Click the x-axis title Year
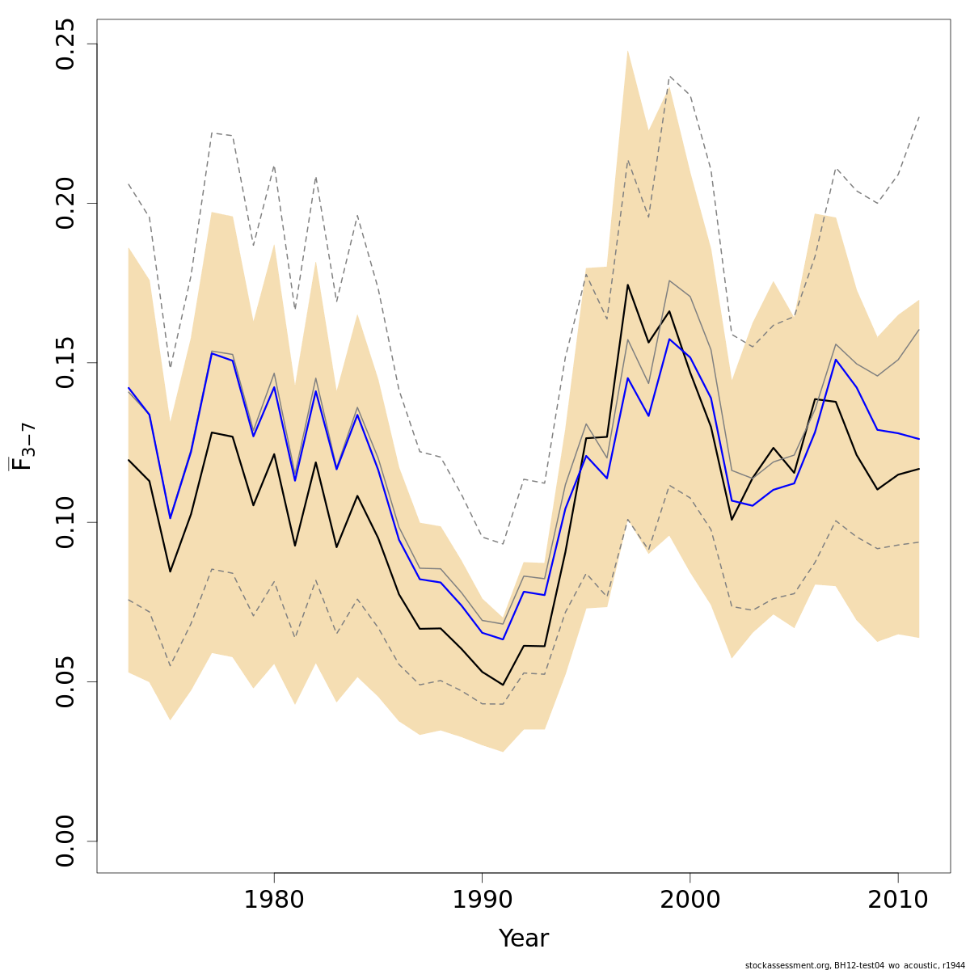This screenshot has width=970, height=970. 523,938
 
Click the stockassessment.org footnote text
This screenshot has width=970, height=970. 854,964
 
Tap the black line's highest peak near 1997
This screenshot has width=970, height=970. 627,285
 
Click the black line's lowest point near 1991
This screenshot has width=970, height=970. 503,685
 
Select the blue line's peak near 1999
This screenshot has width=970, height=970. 669,339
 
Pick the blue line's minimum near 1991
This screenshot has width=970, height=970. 503,639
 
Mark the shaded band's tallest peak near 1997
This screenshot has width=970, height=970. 627,50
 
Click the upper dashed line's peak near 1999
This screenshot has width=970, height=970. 669,77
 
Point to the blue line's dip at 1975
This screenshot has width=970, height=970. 170,518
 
